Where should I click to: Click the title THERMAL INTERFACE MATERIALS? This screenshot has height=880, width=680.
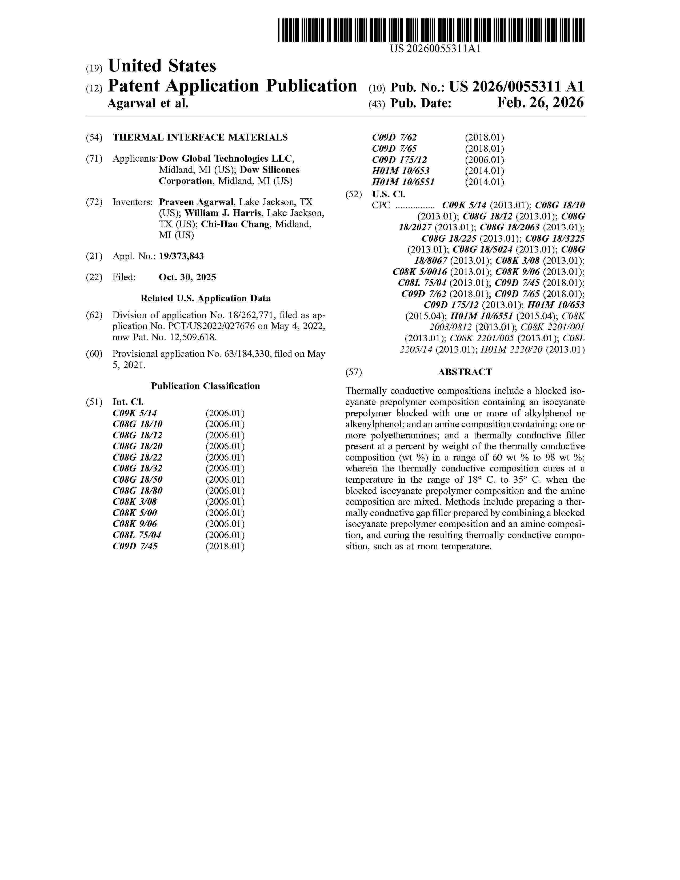pyautogui.click(x=200, y=137)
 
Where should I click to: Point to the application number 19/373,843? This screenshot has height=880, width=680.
pyautogui.click(x=181, y=256)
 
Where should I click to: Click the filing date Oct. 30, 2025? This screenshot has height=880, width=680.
pyautogui.click(x=187, y=277)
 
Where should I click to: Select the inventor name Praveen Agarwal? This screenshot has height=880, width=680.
pyautogui.click(x=196, y=202)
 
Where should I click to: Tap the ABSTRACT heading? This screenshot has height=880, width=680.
pyautogui.click(x=465, y=372)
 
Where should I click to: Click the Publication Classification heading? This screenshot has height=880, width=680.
pyautogui.click(x=205, y=386)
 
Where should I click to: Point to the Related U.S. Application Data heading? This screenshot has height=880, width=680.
pyautogui.click(x=205, y=298)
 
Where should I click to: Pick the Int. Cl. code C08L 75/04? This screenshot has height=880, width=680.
pyautogui.click(x=137, y=535)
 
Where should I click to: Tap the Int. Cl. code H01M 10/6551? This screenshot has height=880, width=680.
pyautogui.click(x=403, y=182)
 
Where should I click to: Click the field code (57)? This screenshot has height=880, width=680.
pyautogui.click(x=354, y=372)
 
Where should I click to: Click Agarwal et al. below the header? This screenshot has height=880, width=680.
pyautogui.click(x=148, y=103)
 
